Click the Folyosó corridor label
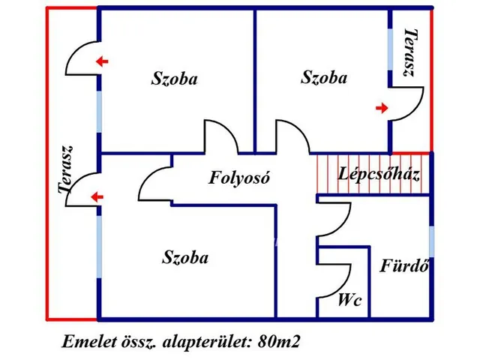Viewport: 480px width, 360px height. click(x=238, y=178)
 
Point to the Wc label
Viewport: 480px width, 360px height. click(x=350, y=301)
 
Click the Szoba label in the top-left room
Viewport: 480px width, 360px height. click(x=174, y=78)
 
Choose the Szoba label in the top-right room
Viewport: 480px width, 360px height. click(x=324, y=76)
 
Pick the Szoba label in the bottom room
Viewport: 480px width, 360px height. click(x=185, y=258)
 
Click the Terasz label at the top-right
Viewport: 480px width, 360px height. click(x=409, y=53)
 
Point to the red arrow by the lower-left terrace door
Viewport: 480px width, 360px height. click(x=96, y=197)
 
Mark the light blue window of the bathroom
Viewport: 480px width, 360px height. click(x=431, y=241)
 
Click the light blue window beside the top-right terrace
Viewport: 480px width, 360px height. click(x=390, y=52)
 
